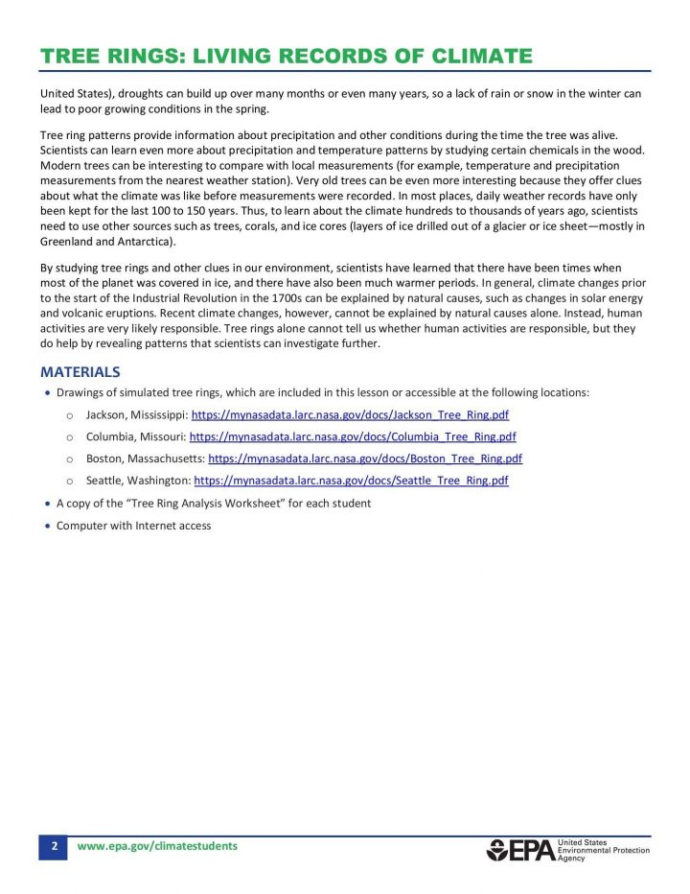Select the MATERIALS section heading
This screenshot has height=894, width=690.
click(80, 371)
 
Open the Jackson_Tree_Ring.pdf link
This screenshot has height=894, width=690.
click(350, 415)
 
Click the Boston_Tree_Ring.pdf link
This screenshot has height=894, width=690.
click(364, 459)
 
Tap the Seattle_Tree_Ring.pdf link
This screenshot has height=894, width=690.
click(351, 481)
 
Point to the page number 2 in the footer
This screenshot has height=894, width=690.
click(54, 846)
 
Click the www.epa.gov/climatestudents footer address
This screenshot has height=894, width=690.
click(156, 846)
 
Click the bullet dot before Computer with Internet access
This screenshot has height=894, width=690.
click(47, 526)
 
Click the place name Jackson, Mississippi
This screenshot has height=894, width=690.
click(136, 415)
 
